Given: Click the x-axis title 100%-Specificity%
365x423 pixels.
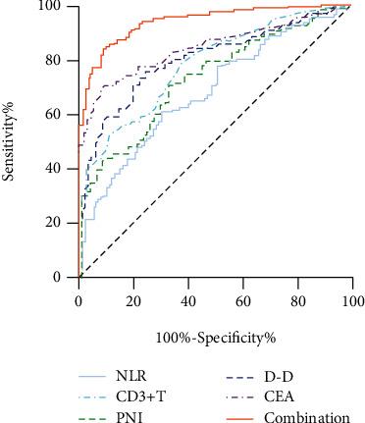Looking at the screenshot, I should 214,339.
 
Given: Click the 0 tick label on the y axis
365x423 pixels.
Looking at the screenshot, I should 63,277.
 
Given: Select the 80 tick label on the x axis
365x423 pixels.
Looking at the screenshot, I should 297,295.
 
